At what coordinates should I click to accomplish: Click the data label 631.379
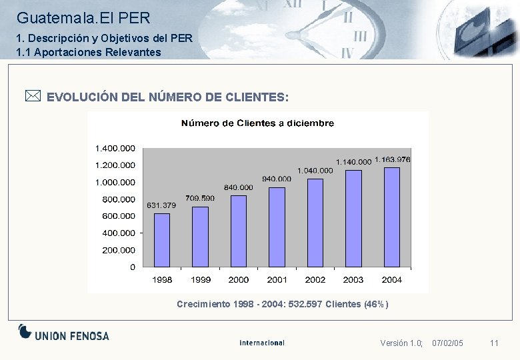(x=161, y=205)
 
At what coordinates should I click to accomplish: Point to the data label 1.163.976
(x=392, y=159)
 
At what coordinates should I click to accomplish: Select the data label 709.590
(x=200, y=198)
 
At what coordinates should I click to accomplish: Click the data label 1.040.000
(x=315, y=171)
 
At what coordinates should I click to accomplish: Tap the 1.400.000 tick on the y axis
(x=115, y=148)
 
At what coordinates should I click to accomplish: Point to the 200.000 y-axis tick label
(x=118, y=250)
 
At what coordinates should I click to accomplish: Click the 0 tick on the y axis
(x=132, y=267)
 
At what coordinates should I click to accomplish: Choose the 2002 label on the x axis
(x=315, y=280)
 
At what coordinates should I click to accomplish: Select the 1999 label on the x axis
(x=200, y=280)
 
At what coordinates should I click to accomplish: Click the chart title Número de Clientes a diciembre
(x=258, y=123)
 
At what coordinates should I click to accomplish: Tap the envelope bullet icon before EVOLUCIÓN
(x=33, y=97)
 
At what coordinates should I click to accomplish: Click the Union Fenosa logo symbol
(x=25, y=331)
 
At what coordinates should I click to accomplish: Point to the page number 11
(x=494, y=343)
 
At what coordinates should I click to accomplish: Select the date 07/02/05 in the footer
(x=447, y=343)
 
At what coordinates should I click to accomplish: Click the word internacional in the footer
(x=262, y=343)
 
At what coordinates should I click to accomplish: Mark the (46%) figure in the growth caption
(x=375, y=304)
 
